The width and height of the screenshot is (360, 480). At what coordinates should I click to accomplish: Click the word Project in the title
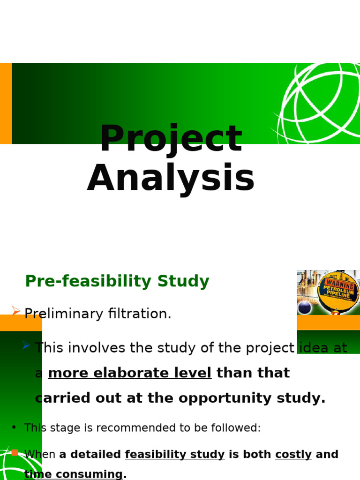click(x=171, y=139)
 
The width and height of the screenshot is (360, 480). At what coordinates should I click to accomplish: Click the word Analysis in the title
click(x=171, y=179)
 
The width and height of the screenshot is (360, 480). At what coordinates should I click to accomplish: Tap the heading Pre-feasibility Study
click(x=117, y=281)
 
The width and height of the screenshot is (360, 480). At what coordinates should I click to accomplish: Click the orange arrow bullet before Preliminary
click(x=16, y=311)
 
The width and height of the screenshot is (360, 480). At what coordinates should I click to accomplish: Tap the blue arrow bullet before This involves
click(x=26, y=345)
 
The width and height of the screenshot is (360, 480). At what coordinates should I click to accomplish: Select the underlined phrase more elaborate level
click(x=129, y=373)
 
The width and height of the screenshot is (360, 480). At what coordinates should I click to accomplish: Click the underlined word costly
click(x=293, y=455)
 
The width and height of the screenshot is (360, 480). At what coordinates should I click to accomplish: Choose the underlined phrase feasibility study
click(x=174, y=455)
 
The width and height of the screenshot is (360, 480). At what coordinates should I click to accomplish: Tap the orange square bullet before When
click(x=15, y=452)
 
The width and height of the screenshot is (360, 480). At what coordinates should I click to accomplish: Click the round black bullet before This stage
click(x=14, y=427)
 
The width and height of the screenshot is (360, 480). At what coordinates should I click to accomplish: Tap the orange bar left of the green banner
click(x=6, y=103)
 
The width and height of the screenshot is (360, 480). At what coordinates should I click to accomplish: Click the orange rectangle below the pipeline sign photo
click(x=328, y=322)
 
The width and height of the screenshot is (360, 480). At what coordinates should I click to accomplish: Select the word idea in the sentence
click(x=315, y=348)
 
